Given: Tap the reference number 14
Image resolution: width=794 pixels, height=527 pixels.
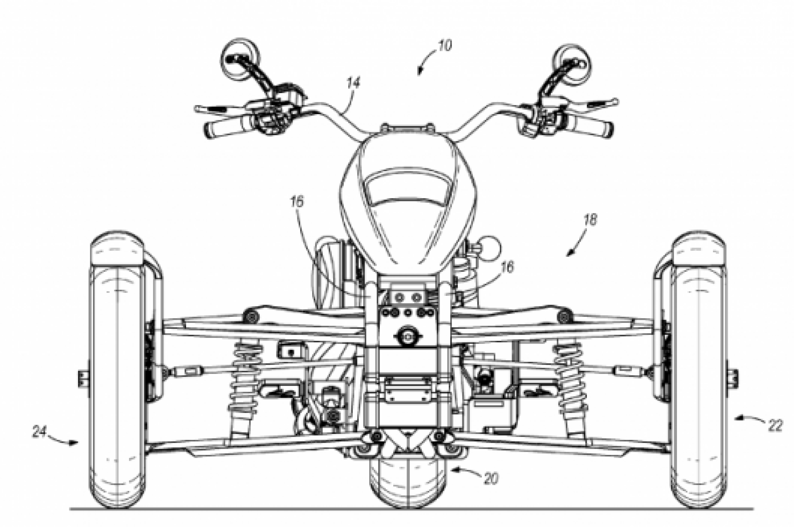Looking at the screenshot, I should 354,84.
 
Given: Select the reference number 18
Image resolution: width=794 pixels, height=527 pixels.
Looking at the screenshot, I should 591,220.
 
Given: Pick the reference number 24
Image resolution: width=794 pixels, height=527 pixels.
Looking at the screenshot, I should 40,433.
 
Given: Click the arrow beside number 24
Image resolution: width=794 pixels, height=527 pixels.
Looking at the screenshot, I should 66,441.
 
